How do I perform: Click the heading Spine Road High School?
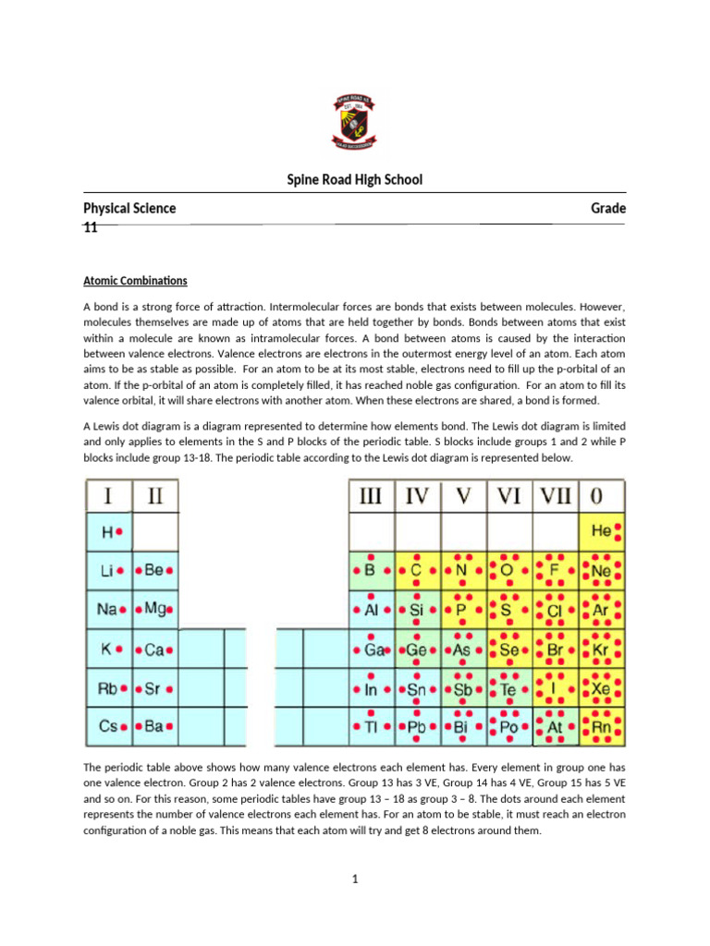[355, 179]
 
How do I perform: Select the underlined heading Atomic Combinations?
[135, 280]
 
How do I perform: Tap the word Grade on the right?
[608, 208]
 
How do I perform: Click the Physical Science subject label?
[129, 208]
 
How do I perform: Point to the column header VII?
[556, 496]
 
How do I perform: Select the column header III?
[370, 496]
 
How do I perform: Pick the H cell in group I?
[110, 532]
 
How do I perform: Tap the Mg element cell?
[154, 610]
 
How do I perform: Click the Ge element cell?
[417, 649]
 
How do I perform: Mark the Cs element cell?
[110, 727]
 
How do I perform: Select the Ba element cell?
[154, 727]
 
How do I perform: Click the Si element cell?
[417, 610]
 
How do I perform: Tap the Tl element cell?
[370, 727]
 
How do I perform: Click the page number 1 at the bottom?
[354, 879]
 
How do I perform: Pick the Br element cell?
[556, 649]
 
